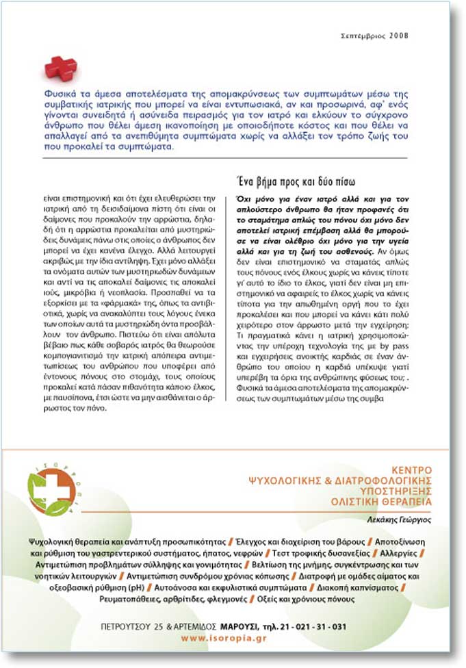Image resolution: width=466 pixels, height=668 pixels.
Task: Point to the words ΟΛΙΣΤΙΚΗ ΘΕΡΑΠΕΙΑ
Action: click(x=387, y=502)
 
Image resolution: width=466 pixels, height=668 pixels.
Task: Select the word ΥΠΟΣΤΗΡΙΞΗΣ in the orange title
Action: click(x=394, y=491)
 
